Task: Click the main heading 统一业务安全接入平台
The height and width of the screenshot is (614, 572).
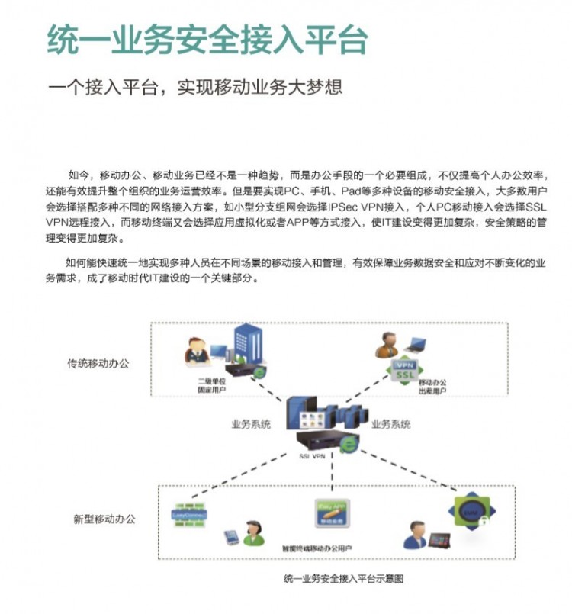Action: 207,40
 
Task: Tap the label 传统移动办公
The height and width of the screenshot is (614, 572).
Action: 98,364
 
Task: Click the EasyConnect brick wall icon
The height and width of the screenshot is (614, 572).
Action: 189,515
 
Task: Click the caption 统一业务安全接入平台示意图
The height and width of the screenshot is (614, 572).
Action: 342,578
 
